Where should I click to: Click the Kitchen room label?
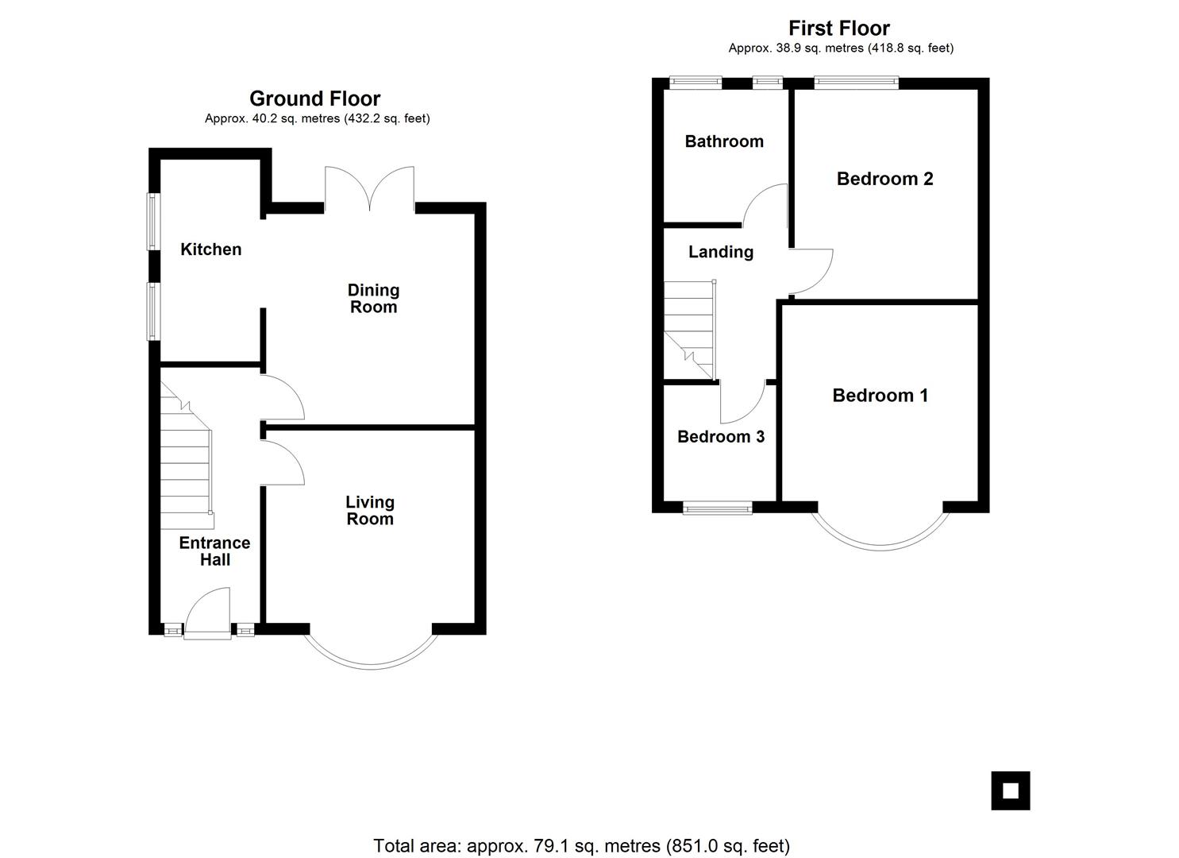(x=211, y=249)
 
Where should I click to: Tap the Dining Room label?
(x=373, y=298)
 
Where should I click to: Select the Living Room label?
(x=370, y=510)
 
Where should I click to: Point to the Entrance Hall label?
(x=214, y=551)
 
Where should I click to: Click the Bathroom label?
(x=724, y=141)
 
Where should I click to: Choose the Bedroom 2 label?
(x=884, y=179)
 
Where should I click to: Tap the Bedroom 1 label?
(x=880, y=395)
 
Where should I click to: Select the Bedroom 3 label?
(x=721, y=436)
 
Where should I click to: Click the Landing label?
(x=721, y=253)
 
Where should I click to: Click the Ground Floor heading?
(x=314, y=99)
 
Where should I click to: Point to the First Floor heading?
(x=839, y=28)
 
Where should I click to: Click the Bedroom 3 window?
(x=718, y=508)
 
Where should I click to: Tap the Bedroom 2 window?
(x=857, y=82)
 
